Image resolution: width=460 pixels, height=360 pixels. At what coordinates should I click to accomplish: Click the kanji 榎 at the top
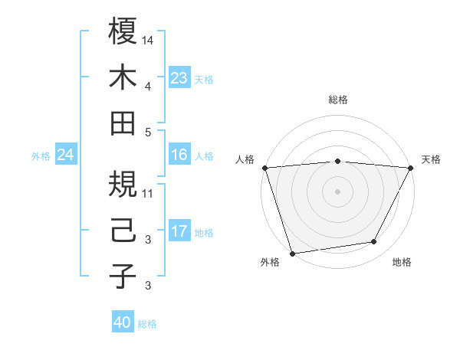click(x=123, y=31)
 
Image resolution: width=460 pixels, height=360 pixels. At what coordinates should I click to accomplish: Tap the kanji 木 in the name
click(x=123, y=77)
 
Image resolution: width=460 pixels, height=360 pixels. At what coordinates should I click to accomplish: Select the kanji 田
click(x=123, y=123)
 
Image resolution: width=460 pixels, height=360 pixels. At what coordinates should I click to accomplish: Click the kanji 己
click(x=123, y=231)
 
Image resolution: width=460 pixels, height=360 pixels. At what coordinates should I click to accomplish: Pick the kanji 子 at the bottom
click(x=123, y=277)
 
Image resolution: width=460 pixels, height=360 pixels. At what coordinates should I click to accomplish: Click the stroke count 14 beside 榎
click(x=148, y=39)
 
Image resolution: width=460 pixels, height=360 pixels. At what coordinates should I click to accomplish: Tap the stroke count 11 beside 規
click(x=148, y=193)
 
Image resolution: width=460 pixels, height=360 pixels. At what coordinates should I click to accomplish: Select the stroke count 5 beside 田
click(x=148, y=131)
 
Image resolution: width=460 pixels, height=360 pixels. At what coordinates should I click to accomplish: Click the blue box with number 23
click(x=179, y=78)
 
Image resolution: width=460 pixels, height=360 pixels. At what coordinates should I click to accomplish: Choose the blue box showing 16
click(x=179, y=155)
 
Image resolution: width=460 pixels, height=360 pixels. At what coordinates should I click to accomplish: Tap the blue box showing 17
click(x=179, y=231)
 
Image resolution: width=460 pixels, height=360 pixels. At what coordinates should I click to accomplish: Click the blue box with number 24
click(x=65, y=155)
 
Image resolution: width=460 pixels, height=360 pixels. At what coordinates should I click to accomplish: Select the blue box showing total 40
click(x=123, y=322)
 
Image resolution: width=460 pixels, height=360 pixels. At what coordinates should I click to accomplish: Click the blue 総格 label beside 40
click(x=147, y=324)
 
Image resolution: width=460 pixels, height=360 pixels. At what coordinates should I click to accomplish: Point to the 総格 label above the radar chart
click(x=337, y=100)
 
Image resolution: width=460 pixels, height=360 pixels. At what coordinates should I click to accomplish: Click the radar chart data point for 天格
click(x=411, y=167)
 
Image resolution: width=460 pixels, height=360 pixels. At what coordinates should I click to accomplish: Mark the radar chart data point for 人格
click(x=264, y=167)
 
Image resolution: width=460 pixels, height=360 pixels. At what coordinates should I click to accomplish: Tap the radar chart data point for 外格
click(x=292, y=252)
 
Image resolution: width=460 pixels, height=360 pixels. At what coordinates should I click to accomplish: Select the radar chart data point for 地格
click(x=374, y=242)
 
